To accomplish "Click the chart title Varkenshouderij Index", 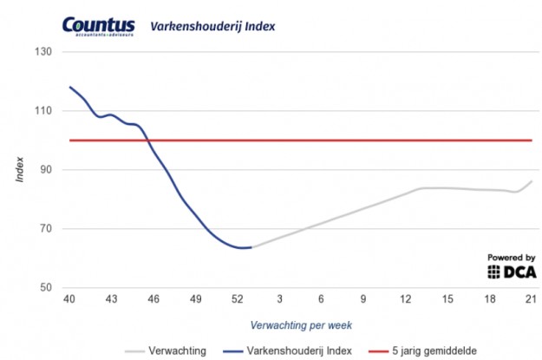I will pyautogui.click(x=212, y=26).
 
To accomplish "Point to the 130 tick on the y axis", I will pyautogui.click(x=44, y=52).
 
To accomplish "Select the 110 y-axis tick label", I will pyautogui.click(x=44, y=111).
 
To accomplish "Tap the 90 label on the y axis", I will pyautogui.click(x=47, y=170).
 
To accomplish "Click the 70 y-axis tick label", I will pyautogui.click(x=47, y=229).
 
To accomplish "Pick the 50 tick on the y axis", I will pyautogui.click(x=47, y=288).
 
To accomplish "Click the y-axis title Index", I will pyautogui.click(x=19, y=170).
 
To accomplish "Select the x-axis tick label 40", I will pyautogui.click(x=70, y=300).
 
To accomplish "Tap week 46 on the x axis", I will pyautogui.click(x=153, y=300).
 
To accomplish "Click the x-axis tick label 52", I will pyautogui.click(x=238, y=300).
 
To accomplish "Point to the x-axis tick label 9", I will pyautogui.click(x=363, y=300).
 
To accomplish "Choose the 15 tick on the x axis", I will pyautogui.click(x=447, y=300).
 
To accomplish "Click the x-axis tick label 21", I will pyautogui.click(x=531, y=300).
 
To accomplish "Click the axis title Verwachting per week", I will pyautogui.click(x=300, y=324).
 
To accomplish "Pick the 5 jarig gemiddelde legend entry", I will pyautogui.click(x=414, y=350).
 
